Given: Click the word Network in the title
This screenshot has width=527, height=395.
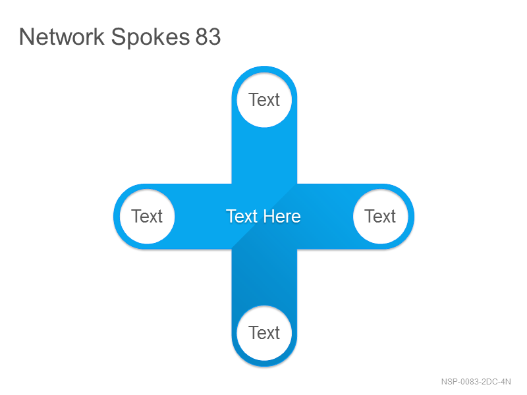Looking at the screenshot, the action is (x=62, y=37).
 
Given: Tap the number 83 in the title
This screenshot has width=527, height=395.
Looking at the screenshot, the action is (x=208, y=37).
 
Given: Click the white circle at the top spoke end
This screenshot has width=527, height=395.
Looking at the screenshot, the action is (x=264, y=100).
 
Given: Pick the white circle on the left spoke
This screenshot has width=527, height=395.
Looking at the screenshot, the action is (x=147, y=217).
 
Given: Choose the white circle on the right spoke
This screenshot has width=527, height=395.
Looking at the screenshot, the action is (x=381, y=217).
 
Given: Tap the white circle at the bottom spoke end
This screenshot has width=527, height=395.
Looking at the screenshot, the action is (x=264, y=333).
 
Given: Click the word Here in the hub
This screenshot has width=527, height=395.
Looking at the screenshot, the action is (x=282, y=217).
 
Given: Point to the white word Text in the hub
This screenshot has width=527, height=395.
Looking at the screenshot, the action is (x=242, y=217).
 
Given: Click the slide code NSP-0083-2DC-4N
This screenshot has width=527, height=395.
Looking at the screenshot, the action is (x=476, y=382).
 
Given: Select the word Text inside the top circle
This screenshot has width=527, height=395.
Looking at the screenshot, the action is (x=264, y=100).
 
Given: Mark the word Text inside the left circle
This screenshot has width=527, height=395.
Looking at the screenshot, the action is (x=147, y=217).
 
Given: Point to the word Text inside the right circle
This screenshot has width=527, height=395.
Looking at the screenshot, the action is (x=380, y=217).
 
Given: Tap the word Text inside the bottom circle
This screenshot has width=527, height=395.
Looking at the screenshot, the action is (x=264, y=333).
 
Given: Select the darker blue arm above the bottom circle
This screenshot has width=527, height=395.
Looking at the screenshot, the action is (x=264, y=277).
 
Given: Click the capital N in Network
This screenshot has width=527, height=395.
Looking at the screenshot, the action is (x=26, y=37).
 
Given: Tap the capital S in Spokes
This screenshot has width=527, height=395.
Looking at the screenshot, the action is (x=118, y=37).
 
